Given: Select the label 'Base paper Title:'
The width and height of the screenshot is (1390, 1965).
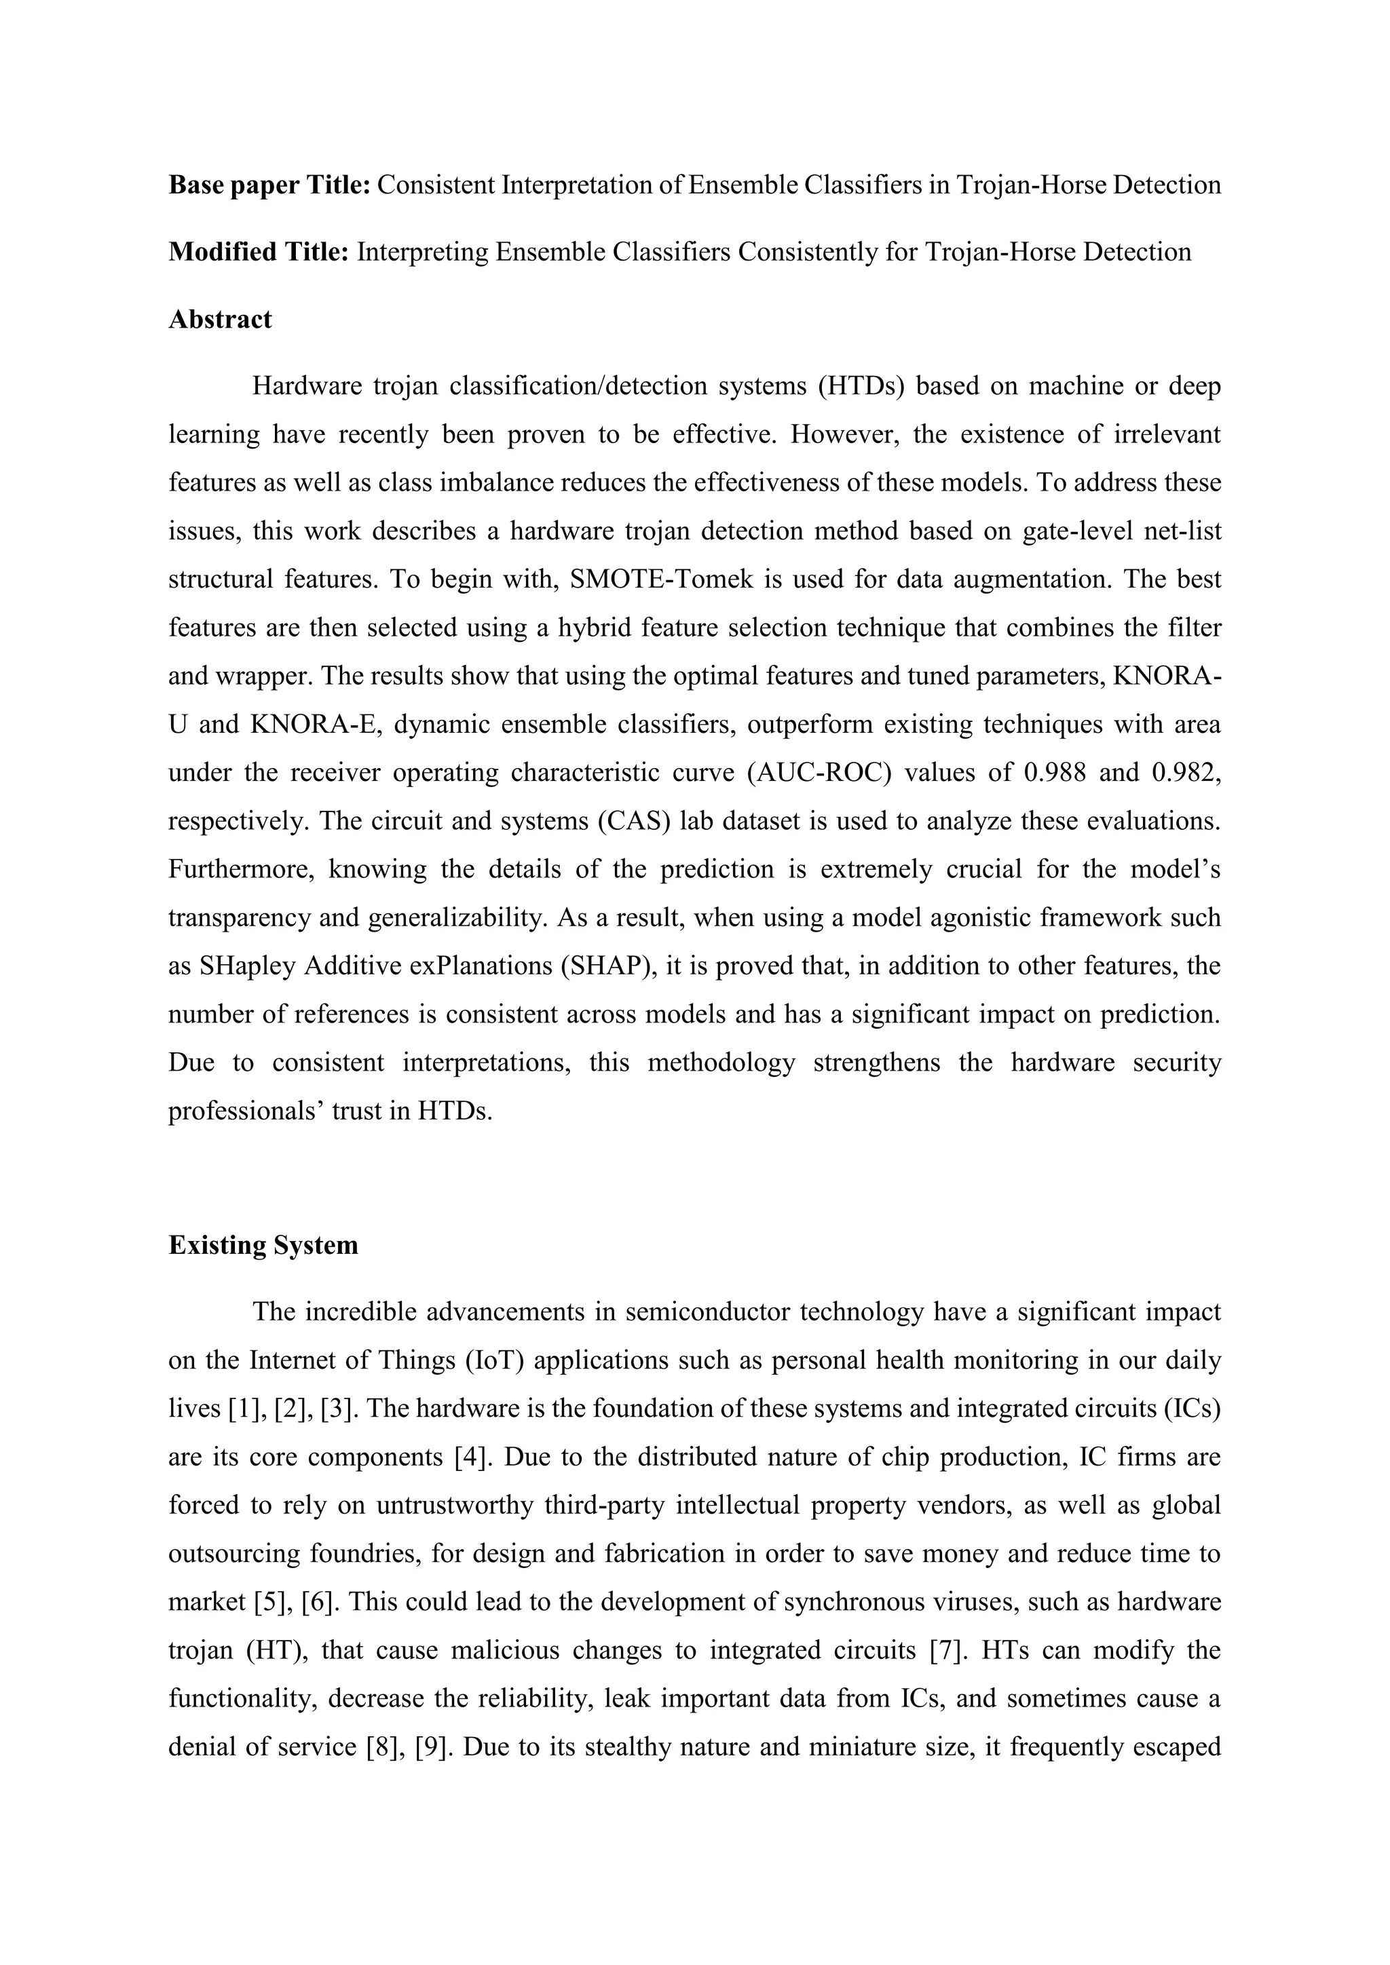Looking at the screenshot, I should [269, 185].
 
